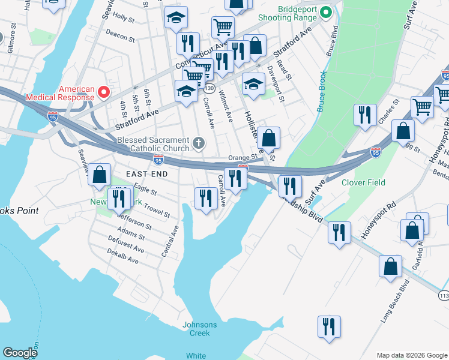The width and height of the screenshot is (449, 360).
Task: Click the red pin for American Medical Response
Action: point(104,92)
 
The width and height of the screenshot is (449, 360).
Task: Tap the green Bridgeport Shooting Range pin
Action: point(326,12)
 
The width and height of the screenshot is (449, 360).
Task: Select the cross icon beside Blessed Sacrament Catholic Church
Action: point(199,143)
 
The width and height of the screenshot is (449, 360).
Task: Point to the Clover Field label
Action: point(363,182)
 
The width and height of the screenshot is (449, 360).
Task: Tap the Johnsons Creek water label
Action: point(200,329)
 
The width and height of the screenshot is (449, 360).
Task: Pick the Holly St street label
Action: point(123,18)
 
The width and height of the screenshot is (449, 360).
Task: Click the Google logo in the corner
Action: point(20,353)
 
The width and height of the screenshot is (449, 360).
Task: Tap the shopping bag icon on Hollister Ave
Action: point(270,138)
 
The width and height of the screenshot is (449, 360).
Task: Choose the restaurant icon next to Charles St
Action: point(364,115)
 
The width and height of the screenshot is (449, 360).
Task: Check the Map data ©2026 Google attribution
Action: point(411,355)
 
